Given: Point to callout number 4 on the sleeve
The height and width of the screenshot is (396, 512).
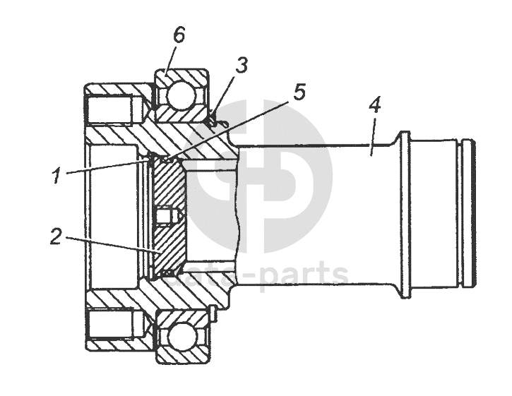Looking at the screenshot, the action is [374, 106].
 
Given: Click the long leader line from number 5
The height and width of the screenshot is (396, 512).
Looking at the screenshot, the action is [233, 128].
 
